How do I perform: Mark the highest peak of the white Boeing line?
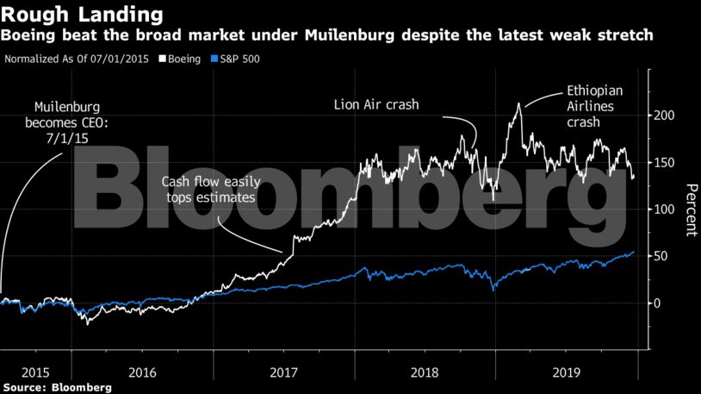click(x=518, y=104)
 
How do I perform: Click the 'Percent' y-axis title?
click(x=690, y=210)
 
